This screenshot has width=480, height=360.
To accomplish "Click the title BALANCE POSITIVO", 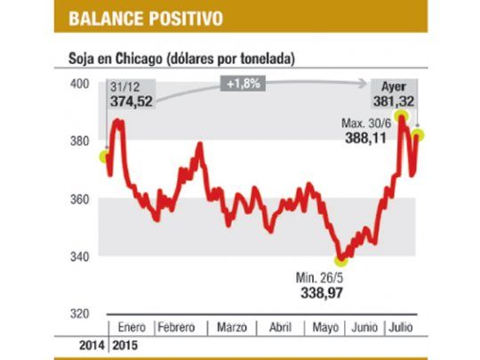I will point(145,17).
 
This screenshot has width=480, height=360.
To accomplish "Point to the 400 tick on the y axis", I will point(81,84).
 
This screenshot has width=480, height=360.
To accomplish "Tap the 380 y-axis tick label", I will point(81,141).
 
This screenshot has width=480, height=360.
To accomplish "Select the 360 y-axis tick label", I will point(81,199).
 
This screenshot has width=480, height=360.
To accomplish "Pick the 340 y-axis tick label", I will point(81,257).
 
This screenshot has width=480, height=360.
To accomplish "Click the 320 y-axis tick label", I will point(81,314).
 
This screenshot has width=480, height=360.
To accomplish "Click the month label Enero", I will point(131,327).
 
